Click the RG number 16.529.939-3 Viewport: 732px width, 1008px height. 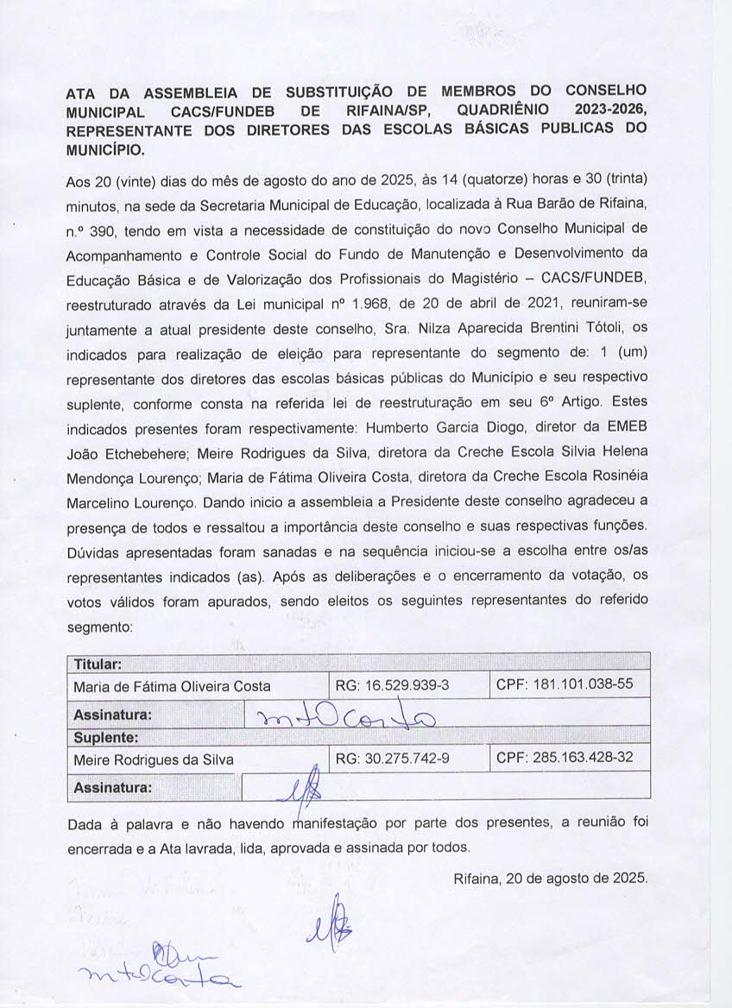pos(390,686)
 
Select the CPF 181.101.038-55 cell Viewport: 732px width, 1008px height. pos(565,685)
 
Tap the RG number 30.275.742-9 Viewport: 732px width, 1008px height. pos(390,759)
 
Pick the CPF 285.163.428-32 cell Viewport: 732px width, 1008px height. pos(565,759)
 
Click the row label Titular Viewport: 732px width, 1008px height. pos(97,665)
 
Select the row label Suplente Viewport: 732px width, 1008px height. pos(106,739)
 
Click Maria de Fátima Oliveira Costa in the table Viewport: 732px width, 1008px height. pos(172,687)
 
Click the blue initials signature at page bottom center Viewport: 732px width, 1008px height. pos(329,922)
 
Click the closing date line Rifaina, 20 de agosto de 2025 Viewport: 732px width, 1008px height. pos(550,879)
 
